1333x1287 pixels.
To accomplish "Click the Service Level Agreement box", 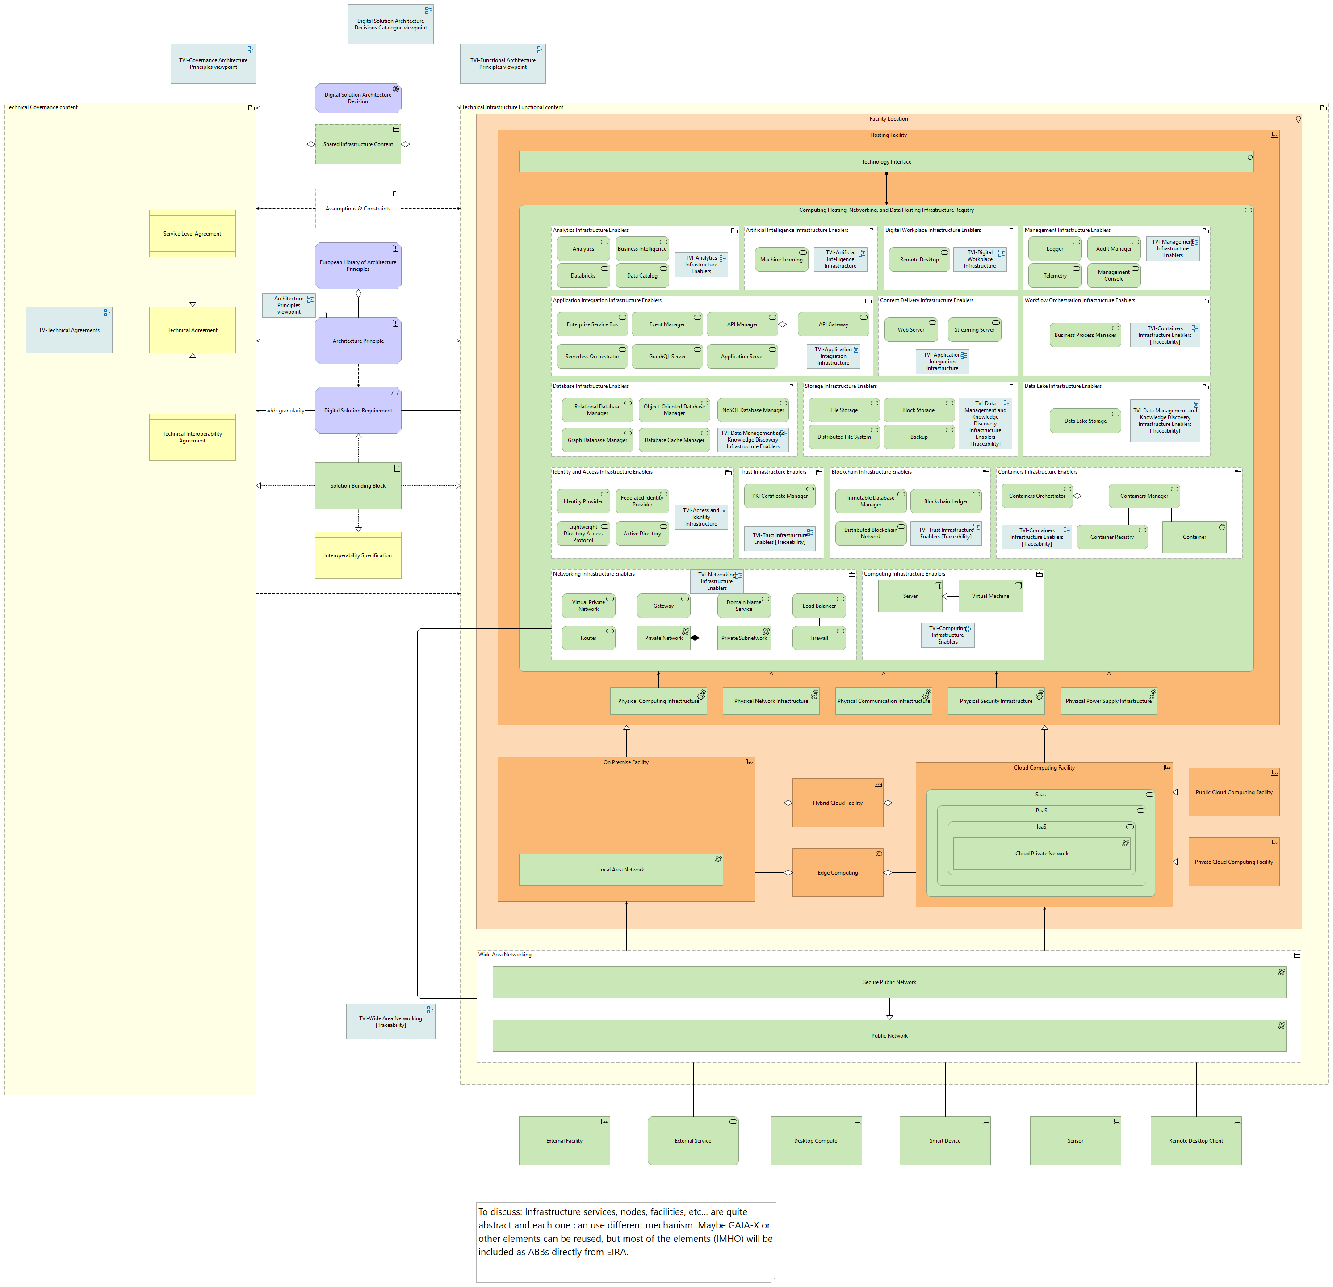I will click(193, 233).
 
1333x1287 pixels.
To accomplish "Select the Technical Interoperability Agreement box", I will click(193, 437).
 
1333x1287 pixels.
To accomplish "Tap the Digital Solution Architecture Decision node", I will click(358, 98).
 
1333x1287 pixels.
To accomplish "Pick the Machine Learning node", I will click(781, 259).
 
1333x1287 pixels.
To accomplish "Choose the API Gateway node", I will click(833, 324).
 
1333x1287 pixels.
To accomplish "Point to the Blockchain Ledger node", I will click(945, 501).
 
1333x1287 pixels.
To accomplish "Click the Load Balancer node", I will click(819, 606).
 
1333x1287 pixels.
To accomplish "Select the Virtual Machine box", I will click(990, 596).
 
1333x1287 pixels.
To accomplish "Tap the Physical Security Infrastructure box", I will click(996, 701).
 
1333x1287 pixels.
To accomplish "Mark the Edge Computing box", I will click(837, 873).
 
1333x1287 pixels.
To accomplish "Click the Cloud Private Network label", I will click(1041, 854).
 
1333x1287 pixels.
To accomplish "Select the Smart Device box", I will click(945, 1141).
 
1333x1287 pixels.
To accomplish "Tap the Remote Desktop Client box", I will click(1195, 1141).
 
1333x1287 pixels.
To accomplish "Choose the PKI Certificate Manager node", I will click(780, 496).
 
